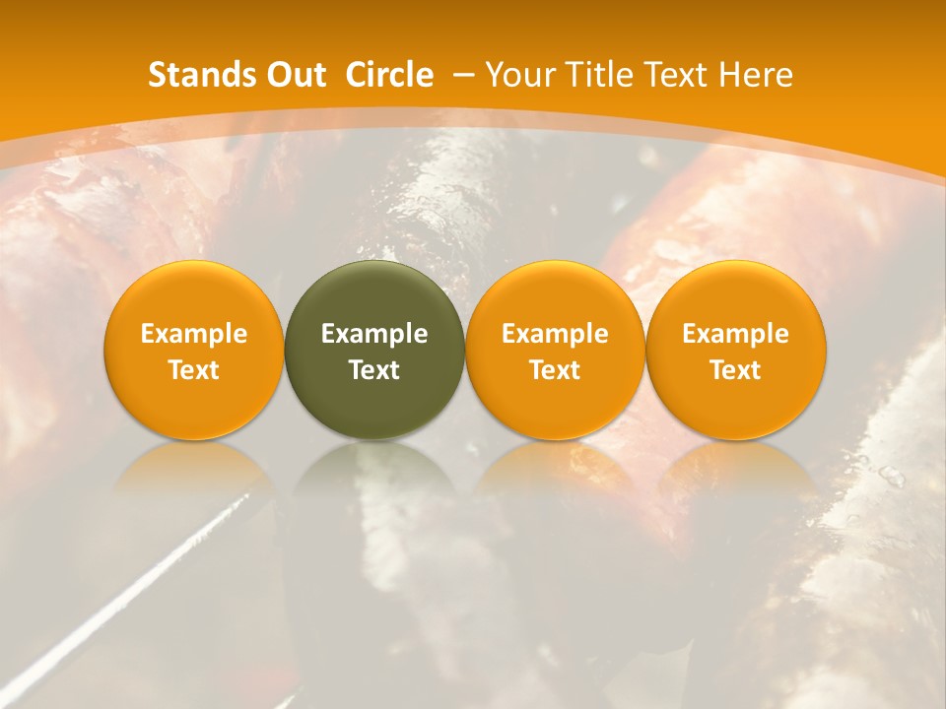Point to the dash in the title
pyautogui.click(x=463, y=76)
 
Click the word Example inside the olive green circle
pyautogui.click(x=374, y=334)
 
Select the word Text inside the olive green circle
pyautogui.click(x=374, y=370)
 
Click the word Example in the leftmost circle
pyautogui.click(x=194, y=334)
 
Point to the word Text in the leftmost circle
pyautogui.click(x=194, y=370)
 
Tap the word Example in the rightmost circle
pyautogui.click(x=736, y=334)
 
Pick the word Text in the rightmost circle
pyautogui.click(x=736, y=370)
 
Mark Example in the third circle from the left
pyautogui.click(x=555, y=334)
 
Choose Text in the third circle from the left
pyautogui.click(x=555, y=370)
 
